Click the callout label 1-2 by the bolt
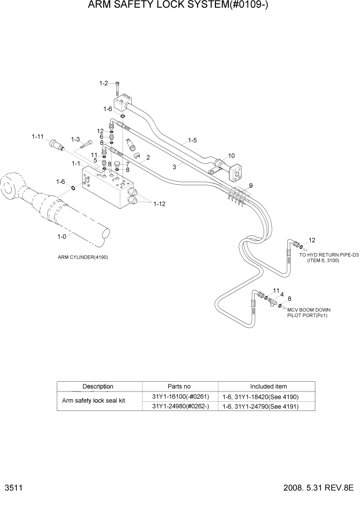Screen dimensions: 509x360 (x=103, y=83)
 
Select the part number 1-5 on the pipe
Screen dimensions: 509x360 (x=192, y=140)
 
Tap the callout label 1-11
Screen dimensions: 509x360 (x=38, y=136)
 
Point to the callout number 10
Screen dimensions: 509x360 (x=231, y=155)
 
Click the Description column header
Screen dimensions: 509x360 (x=97, y=386)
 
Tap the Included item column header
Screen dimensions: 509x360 (x=268, y=386)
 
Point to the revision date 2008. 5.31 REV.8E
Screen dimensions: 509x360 (x=318, y=488)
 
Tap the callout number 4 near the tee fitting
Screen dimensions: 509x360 (x=282, y=295)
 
